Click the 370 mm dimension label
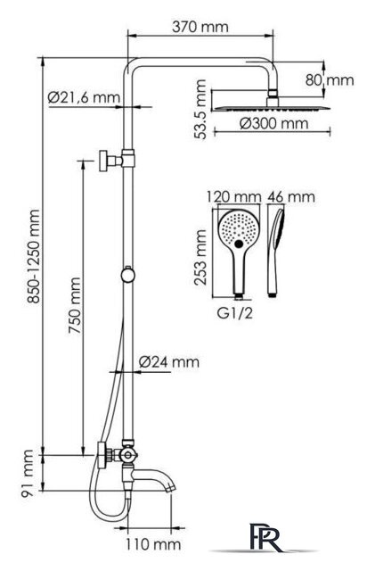tap(200, 27)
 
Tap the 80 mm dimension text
tap(330, 80)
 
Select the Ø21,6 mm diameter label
tap(84, 97)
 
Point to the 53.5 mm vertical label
tap(200, 109)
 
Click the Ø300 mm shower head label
tap(274, 124)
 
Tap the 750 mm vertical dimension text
tap(76, 306)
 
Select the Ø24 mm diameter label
tap(169, 362)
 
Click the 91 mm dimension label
tap(28, 473)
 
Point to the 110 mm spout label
tap(153, 544)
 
